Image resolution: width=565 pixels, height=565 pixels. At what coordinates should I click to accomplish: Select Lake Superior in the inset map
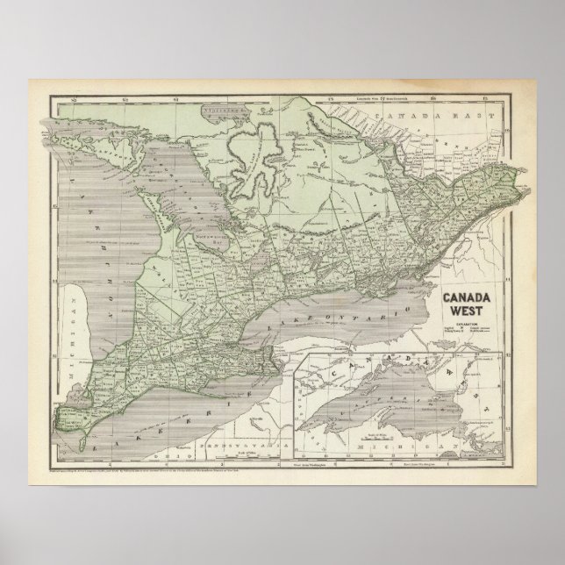click(368, 386)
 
